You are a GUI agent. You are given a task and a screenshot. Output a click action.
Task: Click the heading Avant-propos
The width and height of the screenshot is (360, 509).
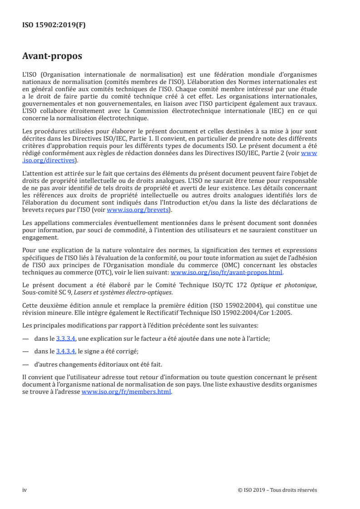(52, 57)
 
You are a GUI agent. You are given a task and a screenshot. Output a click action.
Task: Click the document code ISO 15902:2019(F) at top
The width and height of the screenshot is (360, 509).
(54, 25)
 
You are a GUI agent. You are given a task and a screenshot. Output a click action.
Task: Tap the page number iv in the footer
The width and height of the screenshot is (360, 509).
(25, 490)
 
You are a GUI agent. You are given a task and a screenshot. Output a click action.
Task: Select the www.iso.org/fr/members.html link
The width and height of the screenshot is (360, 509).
(126, 392)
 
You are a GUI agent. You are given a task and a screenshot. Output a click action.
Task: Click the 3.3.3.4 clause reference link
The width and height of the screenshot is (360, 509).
(65, 338)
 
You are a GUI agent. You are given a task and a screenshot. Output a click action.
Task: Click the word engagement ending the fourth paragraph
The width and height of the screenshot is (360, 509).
(40, 237)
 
